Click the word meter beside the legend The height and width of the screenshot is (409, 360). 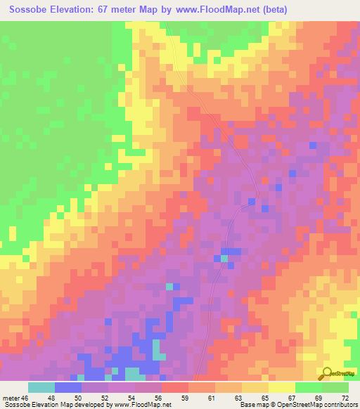coord(11,398)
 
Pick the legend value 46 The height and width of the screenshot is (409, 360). coord(25,398)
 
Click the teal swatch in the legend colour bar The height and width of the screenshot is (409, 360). coord(41,387)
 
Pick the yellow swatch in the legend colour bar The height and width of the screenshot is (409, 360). coord(282,387)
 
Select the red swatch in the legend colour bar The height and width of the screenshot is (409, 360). coord(175,387)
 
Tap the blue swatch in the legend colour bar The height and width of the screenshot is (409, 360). coord(68,387)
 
